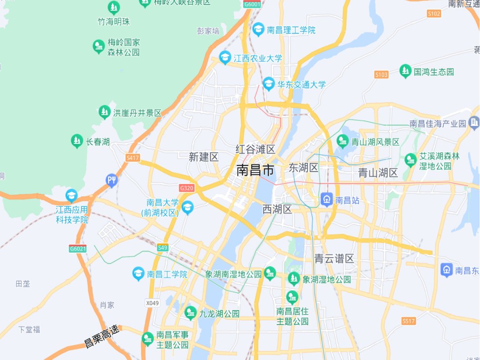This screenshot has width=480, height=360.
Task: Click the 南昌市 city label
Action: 255,170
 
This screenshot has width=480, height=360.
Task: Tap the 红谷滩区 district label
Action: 256,149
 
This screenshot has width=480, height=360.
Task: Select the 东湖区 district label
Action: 304,168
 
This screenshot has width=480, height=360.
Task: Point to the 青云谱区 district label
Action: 334,258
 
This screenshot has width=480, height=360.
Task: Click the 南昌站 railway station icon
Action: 326,199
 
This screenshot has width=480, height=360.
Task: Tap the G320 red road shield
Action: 187,188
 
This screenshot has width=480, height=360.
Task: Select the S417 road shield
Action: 133,158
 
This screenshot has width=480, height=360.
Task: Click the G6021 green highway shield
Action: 78,248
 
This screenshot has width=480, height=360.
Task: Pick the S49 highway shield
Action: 163,247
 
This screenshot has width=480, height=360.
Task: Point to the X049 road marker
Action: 153,302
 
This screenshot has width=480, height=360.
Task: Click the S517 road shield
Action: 408,321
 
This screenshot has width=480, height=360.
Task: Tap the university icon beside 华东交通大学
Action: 269,84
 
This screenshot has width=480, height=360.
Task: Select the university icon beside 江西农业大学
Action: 225,58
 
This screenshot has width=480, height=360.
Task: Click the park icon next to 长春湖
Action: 77,141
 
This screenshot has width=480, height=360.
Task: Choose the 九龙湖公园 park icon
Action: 190,312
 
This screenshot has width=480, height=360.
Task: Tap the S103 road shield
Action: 382,74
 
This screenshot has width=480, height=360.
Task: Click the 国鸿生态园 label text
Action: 434,72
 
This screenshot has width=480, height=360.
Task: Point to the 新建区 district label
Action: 204,157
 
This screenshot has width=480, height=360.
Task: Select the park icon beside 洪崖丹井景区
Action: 105,112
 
